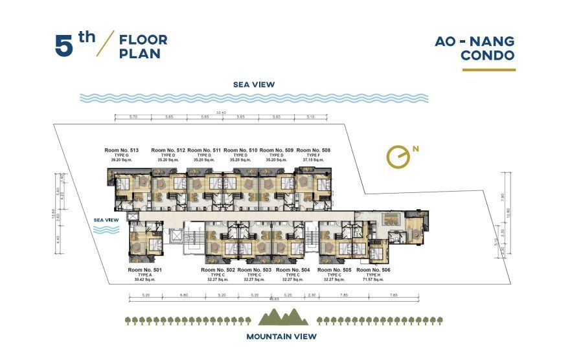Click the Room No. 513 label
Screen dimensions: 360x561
(121, 150)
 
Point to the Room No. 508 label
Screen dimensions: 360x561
(313, 150)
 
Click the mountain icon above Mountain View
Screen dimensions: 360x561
(280, 317)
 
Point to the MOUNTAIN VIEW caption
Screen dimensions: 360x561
(281, 337)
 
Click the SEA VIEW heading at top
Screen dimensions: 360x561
(255, 84)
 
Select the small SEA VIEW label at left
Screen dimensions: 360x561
(106, 219)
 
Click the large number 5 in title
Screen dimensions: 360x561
(63, 47)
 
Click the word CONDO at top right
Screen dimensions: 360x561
(488, 56)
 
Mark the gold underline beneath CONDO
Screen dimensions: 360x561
(488, 69)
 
